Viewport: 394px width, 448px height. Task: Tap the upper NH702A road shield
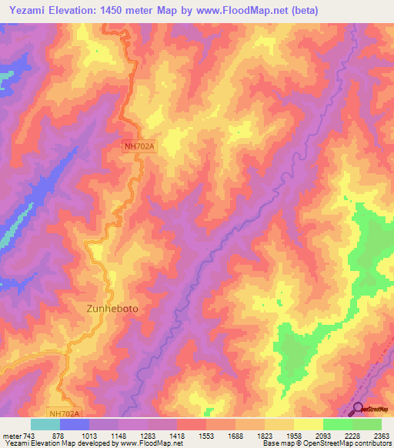139,145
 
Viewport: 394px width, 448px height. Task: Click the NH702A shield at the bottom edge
64,413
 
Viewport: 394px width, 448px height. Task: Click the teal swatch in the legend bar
45,424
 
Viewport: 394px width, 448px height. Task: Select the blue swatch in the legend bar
75,424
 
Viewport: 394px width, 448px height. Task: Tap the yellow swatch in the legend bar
309,424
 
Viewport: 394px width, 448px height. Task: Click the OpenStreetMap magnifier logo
358,408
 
